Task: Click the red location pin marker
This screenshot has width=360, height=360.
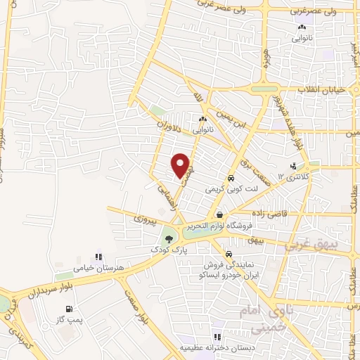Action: pos(181,165)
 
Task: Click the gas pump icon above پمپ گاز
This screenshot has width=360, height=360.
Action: pos(68,309)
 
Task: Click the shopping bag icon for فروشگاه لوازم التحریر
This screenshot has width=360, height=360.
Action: pos(220,215)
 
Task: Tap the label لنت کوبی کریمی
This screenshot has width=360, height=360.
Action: pos(229,189)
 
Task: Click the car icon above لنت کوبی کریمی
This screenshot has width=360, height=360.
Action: pos(231,178)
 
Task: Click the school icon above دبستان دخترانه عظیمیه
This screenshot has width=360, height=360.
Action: pos(217,337)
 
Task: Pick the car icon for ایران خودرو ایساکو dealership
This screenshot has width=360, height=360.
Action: pos(228,254)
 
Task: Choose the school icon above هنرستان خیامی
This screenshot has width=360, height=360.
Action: pos(99,257)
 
